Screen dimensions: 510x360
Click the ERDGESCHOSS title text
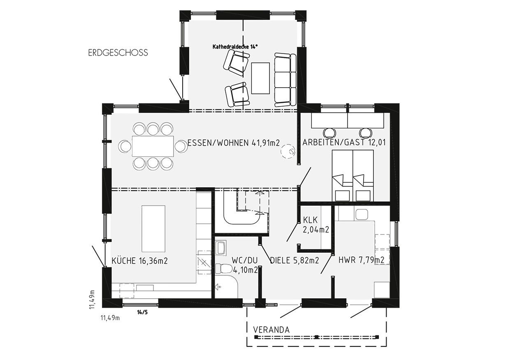coord(118,53)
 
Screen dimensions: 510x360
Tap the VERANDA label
coord(271,330)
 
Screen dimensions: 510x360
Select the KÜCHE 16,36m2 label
coord(139,261)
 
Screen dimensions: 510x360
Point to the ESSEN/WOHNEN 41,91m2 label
coord(234,143)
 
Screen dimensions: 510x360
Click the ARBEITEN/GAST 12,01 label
coord(344,142)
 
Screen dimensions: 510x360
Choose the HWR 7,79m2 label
coord(362,260)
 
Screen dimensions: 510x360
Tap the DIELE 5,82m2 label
coord(294,260)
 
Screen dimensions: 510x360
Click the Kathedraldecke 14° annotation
coord(235,46)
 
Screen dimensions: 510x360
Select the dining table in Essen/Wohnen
coord(153,146)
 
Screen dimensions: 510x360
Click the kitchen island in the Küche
coord(153,229)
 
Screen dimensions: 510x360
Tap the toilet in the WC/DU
coord(224,269)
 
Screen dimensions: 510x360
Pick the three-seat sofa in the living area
coord(285,80)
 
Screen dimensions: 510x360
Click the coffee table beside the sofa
coord(260,78)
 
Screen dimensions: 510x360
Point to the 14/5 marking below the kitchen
coord(142,312)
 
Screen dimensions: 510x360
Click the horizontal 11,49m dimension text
coord(110,318)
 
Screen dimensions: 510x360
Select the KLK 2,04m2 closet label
coord(316,225)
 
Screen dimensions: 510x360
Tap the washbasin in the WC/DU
coord(220,247)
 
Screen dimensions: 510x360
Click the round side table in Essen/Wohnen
coord(288,151)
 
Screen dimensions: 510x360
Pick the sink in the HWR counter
coord(362,214)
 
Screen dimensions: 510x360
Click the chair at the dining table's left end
coord(125,146)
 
